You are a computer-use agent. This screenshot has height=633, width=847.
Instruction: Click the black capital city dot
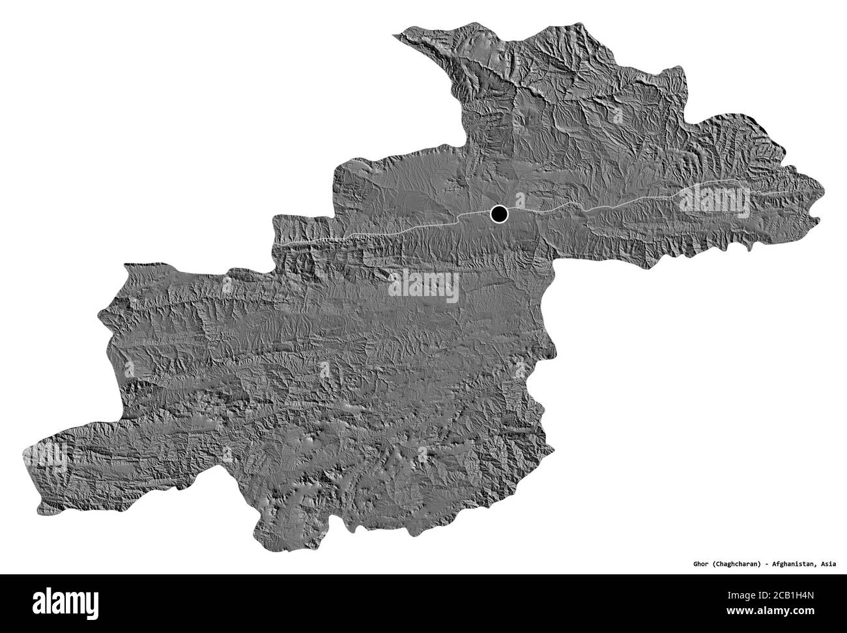click(500, 213)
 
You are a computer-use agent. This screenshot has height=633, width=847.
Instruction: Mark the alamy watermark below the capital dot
click(423, 286)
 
